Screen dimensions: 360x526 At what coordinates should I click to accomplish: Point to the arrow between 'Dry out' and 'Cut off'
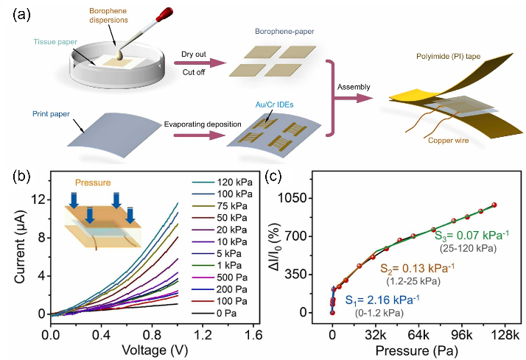199,63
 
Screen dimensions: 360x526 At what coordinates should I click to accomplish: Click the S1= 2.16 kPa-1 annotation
382,299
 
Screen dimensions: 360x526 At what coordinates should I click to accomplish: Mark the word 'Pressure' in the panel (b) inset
94,180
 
